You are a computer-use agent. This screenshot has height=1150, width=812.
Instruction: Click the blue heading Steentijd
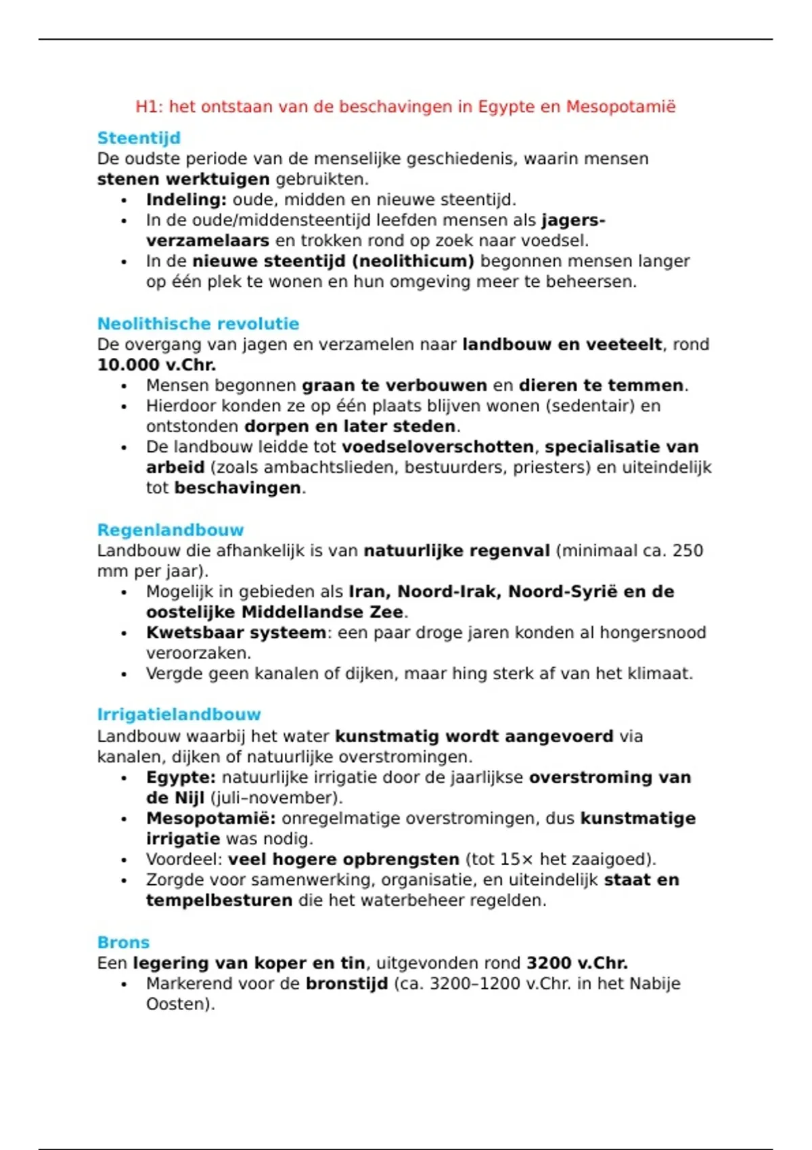coord(139,138)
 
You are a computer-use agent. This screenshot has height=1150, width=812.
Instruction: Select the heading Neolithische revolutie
coord(198,323)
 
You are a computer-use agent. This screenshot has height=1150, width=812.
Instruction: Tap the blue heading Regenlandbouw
coord(170,530)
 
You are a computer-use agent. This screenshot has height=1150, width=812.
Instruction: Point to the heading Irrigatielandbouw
coord(179,714)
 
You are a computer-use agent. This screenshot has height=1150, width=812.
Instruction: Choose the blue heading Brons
coord(123,942)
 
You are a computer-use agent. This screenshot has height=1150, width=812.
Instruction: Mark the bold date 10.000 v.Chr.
coord(156,365)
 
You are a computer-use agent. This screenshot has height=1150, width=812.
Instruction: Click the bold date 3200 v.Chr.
coord(577,963)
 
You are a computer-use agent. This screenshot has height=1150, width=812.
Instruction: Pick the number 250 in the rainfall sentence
coord(687,551)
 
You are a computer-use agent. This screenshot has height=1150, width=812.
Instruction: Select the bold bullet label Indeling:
coord(186,200)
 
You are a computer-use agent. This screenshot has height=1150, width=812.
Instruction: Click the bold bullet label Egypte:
coord(181,777)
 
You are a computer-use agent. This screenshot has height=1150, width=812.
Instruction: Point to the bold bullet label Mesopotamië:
coord(210,819)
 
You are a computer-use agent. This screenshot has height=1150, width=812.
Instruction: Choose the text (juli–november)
coord(276,798)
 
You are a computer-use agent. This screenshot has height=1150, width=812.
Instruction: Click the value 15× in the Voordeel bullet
coord(517,859)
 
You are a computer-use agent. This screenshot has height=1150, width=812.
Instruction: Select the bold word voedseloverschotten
coord(438,446)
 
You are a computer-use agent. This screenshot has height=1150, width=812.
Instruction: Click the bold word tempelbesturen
coord(219,900)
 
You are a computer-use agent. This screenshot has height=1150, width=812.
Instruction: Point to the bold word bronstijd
coord(346,984)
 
